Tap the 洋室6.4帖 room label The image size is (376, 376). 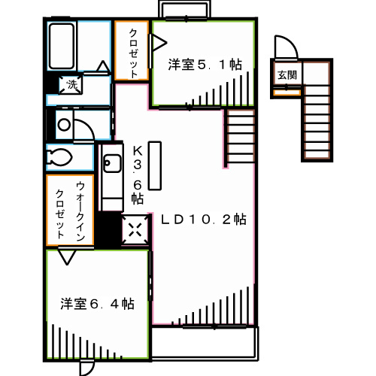(97, 305)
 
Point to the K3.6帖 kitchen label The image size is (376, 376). (137, 174)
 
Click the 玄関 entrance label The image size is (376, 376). (286, 75)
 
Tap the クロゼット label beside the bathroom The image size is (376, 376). (133, 51)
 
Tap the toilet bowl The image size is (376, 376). (59, 157)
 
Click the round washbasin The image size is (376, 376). (64, 125)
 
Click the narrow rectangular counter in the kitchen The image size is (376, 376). (154, 165)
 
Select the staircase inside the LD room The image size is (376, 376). (239, 137)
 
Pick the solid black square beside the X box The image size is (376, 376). (110, 230)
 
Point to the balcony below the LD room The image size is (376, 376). (205, 343)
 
